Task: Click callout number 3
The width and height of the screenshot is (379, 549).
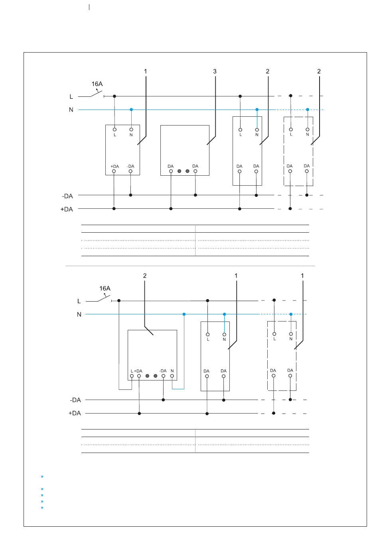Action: pyautogui.click(x=215, y=71)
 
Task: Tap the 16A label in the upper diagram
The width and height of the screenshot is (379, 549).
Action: pyautogui.click(x=97, y=84)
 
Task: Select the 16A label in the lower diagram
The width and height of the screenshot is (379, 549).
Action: pyautogui.click(x=105, y=288)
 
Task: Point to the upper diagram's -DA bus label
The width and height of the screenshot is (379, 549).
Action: pyautogui.click(x=67, y=196)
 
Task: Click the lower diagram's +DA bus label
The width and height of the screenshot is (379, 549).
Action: pyautogui.click(x=75, y=413)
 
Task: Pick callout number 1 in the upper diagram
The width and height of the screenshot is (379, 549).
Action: pyautogui.click(x=145, y=71)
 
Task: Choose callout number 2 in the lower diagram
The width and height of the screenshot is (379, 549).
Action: pyautogui.click(x=145, y=276)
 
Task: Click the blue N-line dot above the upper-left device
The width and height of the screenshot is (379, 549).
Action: pyautogui.click(x=131, y=110)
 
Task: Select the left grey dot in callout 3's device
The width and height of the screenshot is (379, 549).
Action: pyautogui.click(x=179, y=171)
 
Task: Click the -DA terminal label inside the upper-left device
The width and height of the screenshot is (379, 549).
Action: pyautogui.click(x=130, y=167)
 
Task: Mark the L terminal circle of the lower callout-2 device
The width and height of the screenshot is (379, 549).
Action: pyautogui.click(x=132, y=376)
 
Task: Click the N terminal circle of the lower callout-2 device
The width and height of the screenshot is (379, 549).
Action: pyautogui.click(x=172, y=376)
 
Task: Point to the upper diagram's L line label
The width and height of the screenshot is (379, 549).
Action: pyautogui.click(x=71, y=97)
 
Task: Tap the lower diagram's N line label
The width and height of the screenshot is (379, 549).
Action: pyautogui.click(x=79, y=315)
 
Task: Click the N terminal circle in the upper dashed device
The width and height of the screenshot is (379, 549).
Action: pyautogui.click(x=308, y=129)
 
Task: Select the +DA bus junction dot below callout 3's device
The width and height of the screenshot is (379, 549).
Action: pyautogui.click(x=171, y=209)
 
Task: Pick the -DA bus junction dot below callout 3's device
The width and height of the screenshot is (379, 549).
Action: pyautogui.click(x=195, y=195)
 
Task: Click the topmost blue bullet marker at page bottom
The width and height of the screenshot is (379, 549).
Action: pyautogui.click(x=42, y=476)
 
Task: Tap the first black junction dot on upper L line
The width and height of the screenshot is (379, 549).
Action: pyautogui.click(x=114, y=96)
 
